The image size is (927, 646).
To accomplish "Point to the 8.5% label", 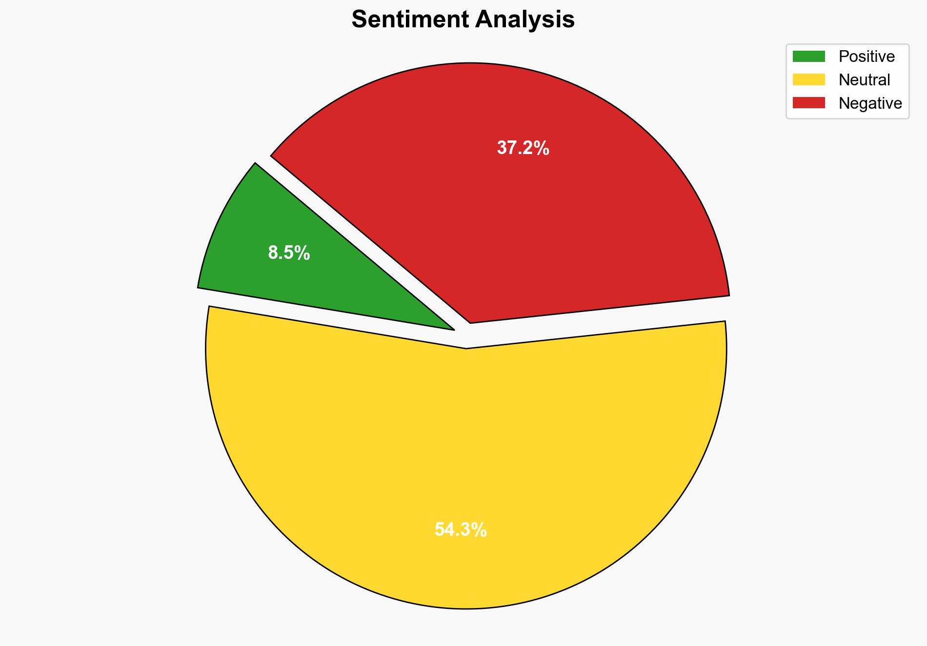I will [x=289, y=253].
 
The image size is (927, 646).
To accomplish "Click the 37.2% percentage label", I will [x=523, y=148].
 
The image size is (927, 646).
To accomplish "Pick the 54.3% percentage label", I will [x=461, y=529].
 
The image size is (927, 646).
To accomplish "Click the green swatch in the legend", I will [x=808, y=57].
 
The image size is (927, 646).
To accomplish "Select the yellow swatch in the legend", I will [x=808, y=79].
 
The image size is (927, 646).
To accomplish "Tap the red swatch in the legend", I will [x=808, y=103].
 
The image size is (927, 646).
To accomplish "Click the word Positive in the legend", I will [x=867, y=57].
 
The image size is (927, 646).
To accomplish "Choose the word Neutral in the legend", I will [x=864, y=80].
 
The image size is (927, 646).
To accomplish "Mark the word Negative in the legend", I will [x=870, y=103].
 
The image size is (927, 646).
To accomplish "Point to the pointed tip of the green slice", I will [x=453, y=330].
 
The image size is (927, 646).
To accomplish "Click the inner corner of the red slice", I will [x=470, y=321].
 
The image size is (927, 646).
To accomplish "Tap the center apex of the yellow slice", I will [x=466, y=348].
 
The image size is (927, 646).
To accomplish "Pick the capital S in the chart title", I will [x=359, y=20].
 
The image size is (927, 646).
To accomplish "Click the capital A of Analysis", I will [x=483, y=20].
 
